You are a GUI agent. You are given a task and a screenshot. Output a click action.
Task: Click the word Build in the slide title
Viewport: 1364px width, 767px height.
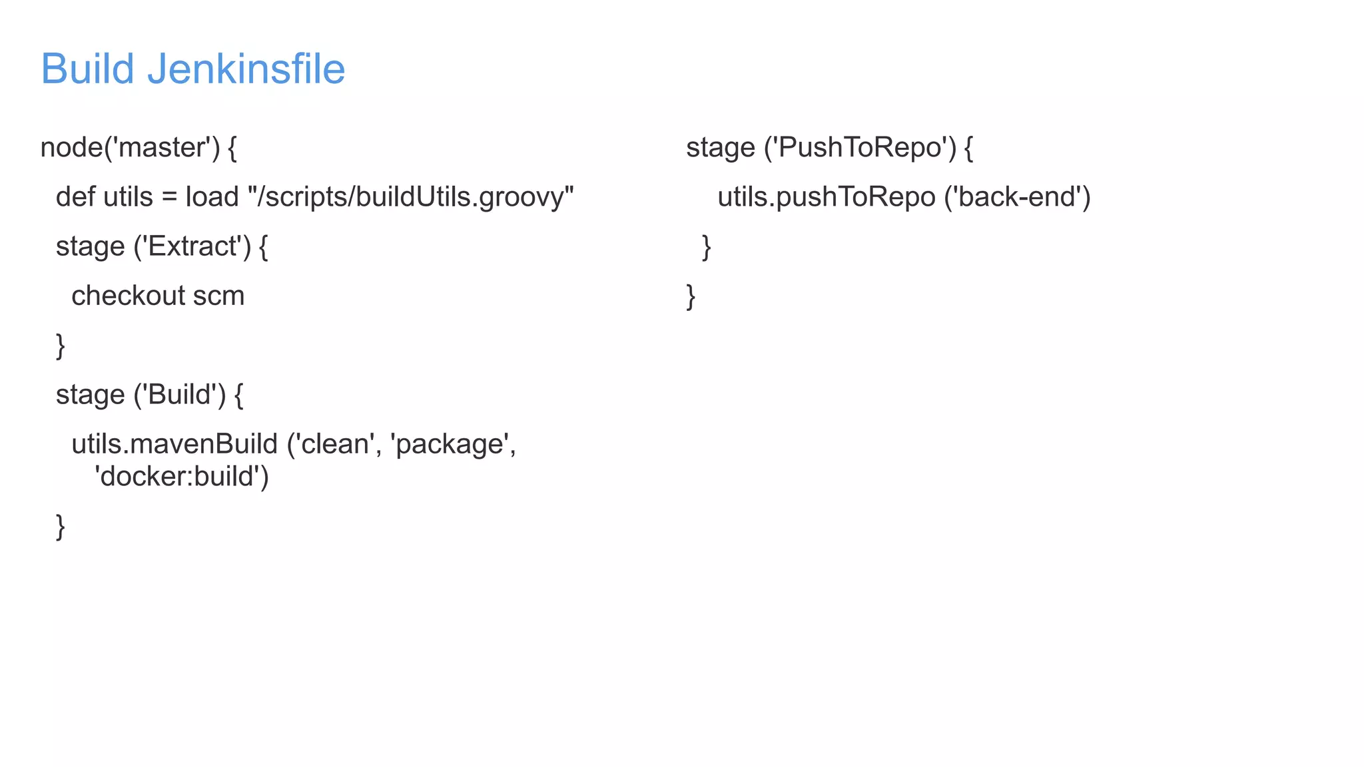click(x=87, y=69)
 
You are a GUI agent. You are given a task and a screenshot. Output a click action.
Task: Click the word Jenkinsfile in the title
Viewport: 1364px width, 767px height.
click(x=246, y=69)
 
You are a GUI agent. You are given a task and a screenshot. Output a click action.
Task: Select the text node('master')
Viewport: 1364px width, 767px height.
click(x=130, y=147)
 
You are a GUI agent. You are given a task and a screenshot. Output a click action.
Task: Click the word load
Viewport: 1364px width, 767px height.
click(x=212, y=197)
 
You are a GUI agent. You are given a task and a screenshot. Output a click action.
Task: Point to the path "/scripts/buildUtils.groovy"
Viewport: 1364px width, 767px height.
click(x=410, y=197)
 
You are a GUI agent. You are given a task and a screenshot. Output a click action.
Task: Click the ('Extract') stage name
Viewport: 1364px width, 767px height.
click(x=192, y=246)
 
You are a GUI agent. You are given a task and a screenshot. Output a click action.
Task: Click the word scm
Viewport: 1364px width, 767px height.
click(x=218, y=296)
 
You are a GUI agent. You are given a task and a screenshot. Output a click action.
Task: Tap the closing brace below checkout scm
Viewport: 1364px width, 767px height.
click(x=61, y=346)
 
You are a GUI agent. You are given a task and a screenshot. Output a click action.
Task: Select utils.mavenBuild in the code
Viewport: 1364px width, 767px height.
click(x=174, y=444)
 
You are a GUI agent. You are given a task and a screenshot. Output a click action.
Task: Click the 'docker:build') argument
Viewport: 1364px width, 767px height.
click(x=181, y=477)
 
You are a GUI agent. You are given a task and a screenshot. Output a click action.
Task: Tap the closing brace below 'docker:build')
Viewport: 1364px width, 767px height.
click(x=61, y=527)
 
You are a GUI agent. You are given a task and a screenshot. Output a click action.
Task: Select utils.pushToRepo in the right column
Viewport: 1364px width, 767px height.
click(x=826, y=197)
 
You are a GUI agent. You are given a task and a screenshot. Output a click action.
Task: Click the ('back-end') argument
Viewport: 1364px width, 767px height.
click(x=1017, y=197)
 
